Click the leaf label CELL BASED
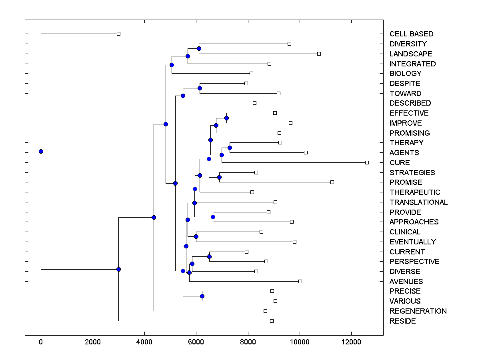[x=411, y=34]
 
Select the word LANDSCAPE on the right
[x=411, y=54]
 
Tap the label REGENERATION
[x=418, y=311]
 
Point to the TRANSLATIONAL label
[x=418, y=202]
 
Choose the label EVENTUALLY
[x=412, y=242]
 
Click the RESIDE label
[x=402, y=321]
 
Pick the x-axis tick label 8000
[x=248, y=342]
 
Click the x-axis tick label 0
[x=41, y=342]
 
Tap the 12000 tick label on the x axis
[x=352, y=342]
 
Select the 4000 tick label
[x=144, y=342]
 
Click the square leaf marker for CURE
[x=367, y=162]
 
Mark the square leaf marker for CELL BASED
[x=118, y=34]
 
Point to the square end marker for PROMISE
[x=332, y=182]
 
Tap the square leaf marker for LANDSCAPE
[x=319, y=54]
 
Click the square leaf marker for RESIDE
[x=272, y=321]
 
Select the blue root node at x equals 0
[x=41, y=151]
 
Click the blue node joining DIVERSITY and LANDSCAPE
[x=199, y=48]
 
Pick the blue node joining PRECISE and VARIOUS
[x=202, y=296]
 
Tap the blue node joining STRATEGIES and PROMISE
[x=219, y=177]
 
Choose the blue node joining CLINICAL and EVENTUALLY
[x=196, y=236]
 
